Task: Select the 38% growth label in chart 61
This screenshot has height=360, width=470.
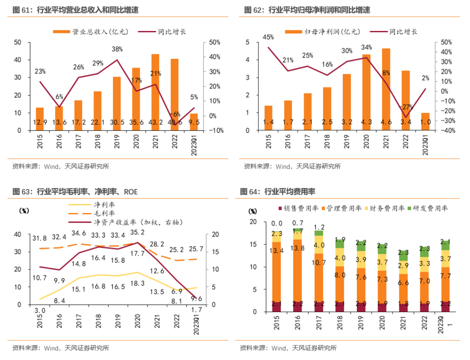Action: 117,49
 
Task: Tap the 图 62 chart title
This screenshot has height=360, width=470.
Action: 304,10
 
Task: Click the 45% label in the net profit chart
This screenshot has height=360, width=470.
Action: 268,37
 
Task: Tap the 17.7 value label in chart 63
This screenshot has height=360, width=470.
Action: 137,253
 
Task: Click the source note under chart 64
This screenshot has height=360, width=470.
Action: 288,348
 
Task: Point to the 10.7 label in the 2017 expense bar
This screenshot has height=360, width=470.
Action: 318,263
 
